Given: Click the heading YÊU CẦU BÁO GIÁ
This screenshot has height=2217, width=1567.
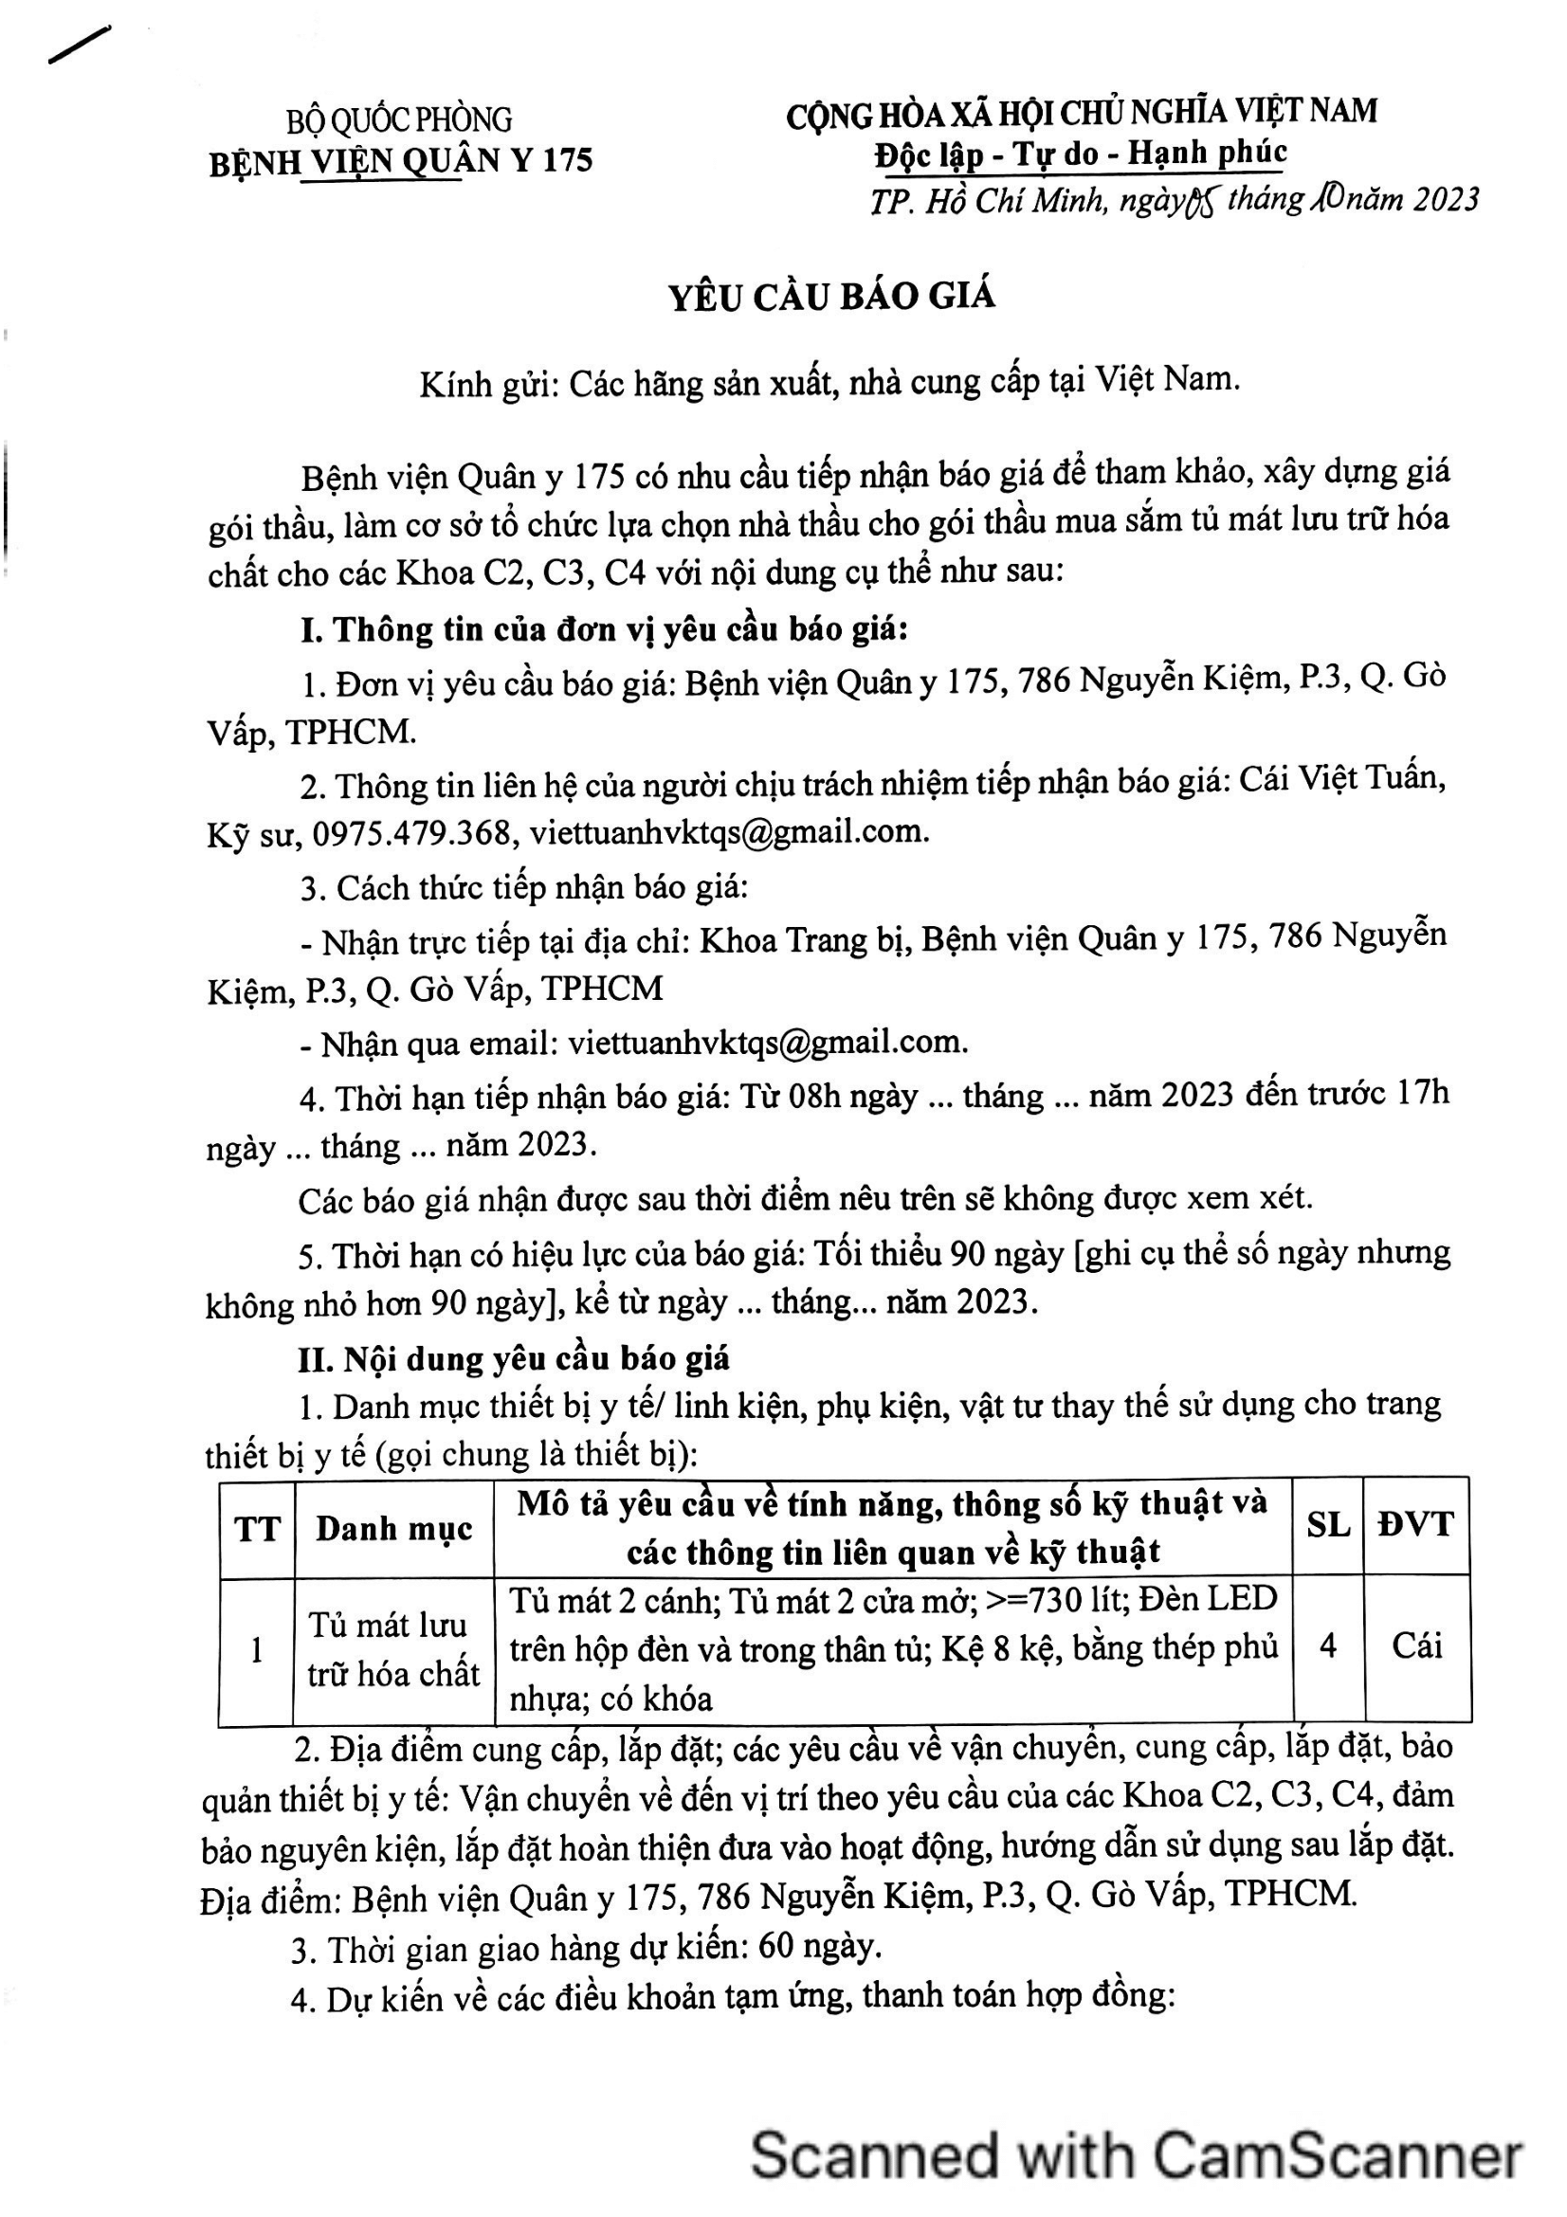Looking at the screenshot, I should (831, 297).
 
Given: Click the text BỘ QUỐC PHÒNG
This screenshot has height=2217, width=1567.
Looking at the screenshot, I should (399, 119).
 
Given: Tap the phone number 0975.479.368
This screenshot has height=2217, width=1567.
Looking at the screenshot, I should (412, 832).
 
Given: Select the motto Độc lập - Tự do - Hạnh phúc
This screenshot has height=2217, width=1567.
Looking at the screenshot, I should (1081, 154).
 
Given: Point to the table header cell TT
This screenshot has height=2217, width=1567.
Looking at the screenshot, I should (257, 1529).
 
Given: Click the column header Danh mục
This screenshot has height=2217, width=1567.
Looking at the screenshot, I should (394, 1529).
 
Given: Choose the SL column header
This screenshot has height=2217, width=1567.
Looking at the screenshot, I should (1327, 1525).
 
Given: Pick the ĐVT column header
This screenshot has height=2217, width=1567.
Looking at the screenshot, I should (1415, 1525).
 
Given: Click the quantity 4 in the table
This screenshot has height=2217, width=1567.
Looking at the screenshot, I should (1327, 1645).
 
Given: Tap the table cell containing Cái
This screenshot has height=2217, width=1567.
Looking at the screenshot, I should (1415, 1645).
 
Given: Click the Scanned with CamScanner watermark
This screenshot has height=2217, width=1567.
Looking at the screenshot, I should (1136, 2154).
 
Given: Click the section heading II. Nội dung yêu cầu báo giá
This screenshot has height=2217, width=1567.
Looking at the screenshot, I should (514, 1358).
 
